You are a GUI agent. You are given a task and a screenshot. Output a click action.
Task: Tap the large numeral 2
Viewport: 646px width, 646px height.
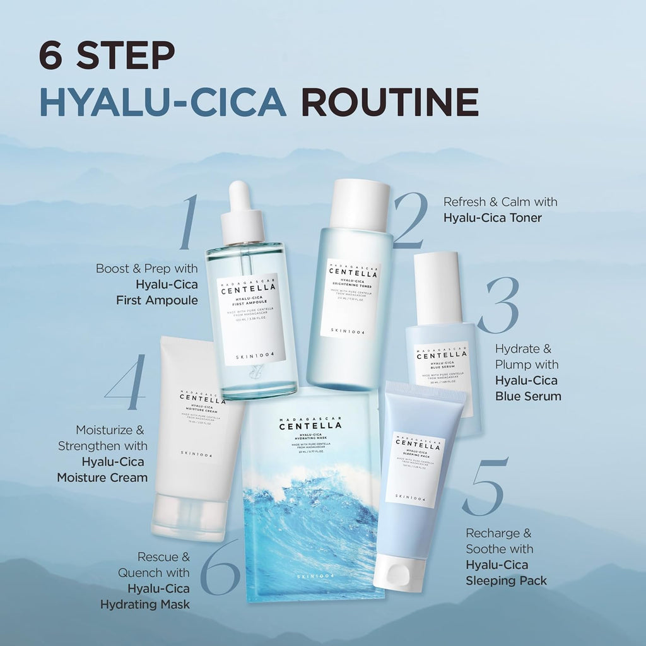(410, 221)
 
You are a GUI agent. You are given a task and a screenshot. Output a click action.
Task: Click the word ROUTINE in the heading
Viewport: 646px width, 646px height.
(389, 102)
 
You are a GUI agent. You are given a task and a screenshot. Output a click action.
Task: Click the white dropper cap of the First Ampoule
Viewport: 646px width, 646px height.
(242, 214)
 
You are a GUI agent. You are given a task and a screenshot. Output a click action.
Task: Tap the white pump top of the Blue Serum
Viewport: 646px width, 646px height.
(437, 287)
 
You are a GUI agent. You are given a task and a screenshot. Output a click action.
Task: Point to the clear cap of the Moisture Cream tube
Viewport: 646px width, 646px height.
(190, 517)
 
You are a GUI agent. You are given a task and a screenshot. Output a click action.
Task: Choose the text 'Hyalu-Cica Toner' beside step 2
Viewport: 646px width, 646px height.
(493, 218)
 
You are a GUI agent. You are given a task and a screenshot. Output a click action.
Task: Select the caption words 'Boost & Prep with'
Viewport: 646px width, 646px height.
(147, 268)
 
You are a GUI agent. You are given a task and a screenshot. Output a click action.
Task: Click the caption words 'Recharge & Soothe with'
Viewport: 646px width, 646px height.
(500, 541)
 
